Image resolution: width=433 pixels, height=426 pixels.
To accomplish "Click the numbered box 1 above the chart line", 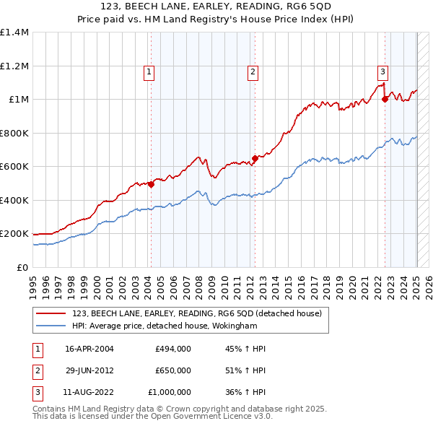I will (149, 71).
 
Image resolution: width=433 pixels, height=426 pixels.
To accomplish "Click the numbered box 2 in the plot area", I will (253, 71).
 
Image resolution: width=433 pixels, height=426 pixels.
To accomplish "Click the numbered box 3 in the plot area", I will (382, 71).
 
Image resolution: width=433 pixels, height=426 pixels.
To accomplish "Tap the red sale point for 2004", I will (152, 184).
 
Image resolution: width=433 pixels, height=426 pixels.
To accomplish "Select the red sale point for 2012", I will (255, 158).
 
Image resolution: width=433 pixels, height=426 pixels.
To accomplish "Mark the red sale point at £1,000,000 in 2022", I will (385, 100).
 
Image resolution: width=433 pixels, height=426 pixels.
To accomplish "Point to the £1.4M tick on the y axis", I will (14, 32).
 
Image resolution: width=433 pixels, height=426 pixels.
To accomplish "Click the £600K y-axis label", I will (14, 167).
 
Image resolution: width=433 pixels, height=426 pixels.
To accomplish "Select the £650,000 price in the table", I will (173, 370).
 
